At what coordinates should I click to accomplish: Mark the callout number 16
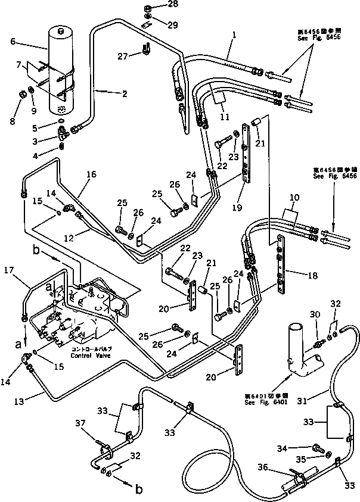[x=91, y=174]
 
